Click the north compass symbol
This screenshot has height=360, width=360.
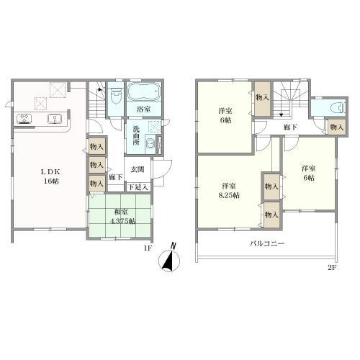click(x=169, y=258)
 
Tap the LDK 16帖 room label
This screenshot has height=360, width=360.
click(x=50, y=176)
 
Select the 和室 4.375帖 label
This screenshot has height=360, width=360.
click(x=121, y=217)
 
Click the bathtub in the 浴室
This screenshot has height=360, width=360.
click(x=143, y=91)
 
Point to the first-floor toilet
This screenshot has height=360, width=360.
click(x=116, y=94)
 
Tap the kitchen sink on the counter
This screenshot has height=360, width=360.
click(x=55, y=119)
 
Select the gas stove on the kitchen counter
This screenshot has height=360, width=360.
click(x=24, y=119)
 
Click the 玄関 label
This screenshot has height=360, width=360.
click(x=138, y=169)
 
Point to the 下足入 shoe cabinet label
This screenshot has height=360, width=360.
click(x=138, y=187)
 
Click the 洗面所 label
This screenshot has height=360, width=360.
click(x=136, y=135)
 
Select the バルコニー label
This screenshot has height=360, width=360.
click(x=267, y=244)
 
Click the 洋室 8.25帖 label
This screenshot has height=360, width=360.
click(x=229, y=190)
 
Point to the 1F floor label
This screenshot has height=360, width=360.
click(x=148, y=248)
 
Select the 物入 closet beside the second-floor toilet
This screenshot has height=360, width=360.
click(x=337, y=127)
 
